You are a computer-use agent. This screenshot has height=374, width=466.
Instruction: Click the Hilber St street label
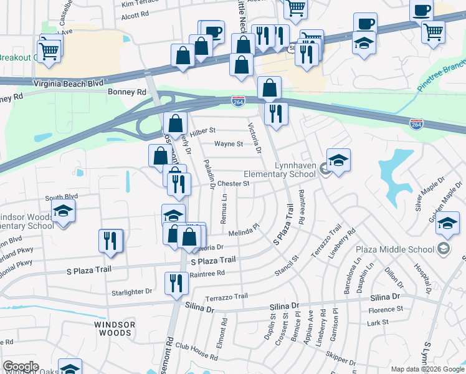[x=202, y=131]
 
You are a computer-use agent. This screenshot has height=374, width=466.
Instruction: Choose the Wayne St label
[x=229, y=144]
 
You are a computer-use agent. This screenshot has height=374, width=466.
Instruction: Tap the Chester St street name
[x=234, y=184]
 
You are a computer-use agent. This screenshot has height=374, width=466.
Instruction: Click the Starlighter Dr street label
[x=131, y=291]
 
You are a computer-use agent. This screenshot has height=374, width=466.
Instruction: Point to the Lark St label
[x=378, y=322]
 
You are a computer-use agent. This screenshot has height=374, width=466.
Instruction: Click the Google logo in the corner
[x=21, y=367]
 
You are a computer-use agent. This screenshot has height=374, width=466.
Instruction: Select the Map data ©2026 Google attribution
[x=427, y=369]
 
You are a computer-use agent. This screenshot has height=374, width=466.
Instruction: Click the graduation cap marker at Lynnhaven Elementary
[x=338, y=161]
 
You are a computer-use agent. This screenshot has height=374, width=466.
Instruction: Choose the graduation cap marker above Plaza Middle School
[x=448, y=223]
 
